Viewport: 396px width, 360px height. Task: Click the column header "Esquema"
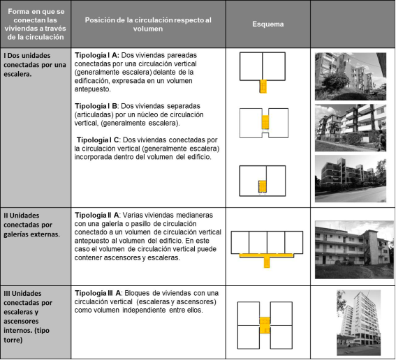pyautogui.click(x=267, y=24)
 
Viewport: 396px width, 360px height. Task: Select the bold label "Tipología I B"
pyautogui.click(x=96, y=106)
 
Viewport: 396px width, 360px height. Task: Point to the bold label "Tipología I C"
pyautogui.click(x=98, y=140)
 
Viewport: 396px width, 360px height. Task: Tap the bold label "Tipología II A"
pyautogui.click(x=96, y=215)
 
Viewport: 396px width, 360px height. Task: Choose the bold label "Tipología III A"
pyautogui.click(x=98, y=293)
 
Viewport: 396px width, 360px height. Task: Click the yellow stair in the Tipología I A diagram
pyautogui.click(x=263, y=87)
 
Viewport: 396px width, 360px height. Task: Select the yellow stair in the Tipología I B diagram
pyautogui.click(x=265, y=122)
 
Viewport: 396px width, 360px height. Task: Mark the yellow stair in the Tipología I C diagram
pyautogui.click(x=263, y=187)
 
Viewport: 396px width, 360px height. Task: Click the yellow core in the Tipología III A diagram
pyautogui.click(x=265, y=325)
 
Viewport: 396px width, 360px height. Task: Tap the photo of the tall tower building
pyautogui.click(x=358, y=322)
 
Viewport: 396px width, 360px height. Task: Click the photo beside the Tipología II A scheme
pyautogui.click(x=354, y=250)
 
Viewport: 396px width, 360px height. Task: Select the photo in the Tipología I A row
pyautogui.click(x=351, y=77)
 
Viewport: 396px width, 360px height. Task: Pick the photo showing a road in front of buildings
pyautogui.click(x=351, y=179)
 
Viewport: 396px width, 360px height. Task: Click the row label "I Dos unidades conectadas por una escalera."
pyautogui.click(x=35, y=65)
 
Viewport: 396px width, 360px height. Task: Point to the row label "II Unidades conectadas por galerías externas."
pyautogui.click(x=32, y=225)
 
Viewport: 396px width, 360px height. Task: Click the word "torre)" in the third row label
pyautogui.click(x=13, y=340)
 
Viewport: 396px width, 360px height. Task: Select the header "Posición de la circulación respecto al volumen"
pyautogui.click(x=148, y=24)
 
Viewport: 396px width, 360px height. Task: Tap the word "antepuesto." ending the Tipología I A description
pyautogui.click(x=93, y=89)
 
